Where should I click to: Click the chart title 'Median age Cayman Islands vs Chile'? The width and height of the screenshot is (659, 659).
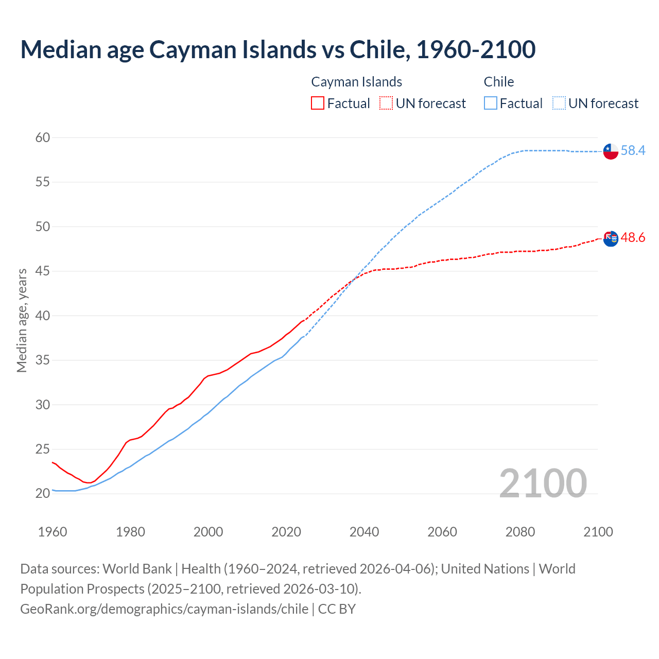(278, 49)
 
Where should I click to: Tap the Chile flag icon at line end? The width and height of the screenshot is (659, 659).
(611, 151)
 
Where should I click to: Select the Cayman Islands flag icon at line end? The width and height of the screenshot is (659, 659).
(611, 238)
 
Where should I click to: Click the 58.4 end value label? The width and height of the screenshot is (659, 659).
(633, 150)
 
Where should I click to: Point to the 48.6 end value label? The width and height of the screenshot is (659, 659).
(633, 237)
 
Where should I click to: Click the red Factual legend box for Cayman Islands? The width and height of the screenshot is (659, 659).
(318, 103)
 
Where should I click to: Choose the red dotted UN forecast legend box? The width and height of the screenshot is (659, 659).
(386, 103)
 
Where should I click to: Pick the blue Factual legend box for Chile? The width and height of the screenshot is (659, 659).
(491, 103)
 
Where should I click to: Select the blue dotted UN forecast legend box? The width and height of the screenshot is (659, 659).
(559, 103)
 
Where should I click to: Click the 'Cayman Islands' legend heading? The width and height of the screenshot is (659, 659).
(356, 82)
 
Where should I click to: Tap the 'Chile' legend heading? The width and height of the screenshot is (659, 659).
(498, 82)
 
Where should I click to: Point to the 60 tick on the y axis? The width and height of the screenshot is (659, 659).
(43, 137)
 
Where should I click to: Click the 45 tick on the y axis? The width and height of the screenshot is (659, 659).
(43, 271)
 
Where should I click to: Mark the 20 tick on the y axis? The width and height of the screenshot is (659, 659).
(43, 493)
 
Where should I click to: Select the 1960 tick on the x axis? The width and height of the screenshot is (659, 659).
(53, 532)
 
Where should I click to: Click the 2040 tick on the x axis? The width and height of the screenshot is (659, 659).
(364, 532)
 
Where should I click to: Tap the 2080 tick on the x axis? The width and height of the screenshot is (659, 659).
(520, 532)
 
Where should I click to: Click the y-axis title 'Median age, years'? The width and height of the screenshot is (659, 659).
(22, 320)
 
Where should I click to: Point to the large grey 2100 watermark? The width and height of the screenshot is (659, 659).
(543, 483)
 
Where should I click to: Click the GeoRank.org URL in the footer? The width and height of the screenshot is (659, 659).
(164, 609)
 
